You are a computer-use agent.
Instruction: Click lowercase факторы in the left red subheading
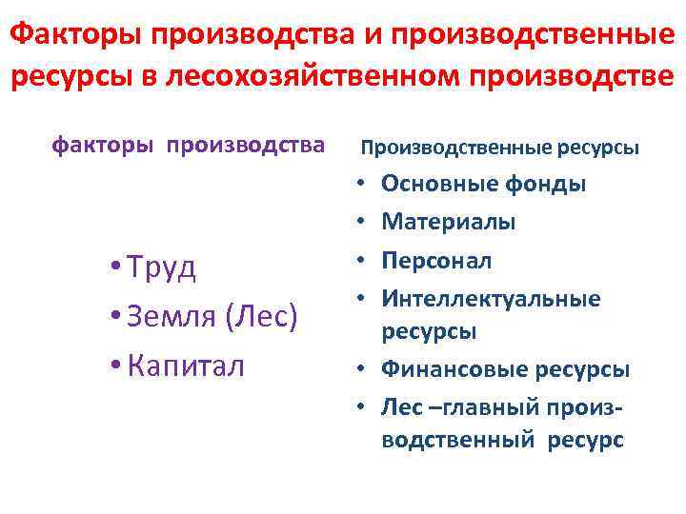(106, 147)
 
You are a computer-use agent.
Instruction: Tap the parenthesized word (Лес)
(261, 316)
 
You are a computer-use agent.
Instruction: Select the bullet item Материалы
(449, 222)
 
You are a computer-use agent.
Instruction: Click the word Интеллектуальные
(491, 299)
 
